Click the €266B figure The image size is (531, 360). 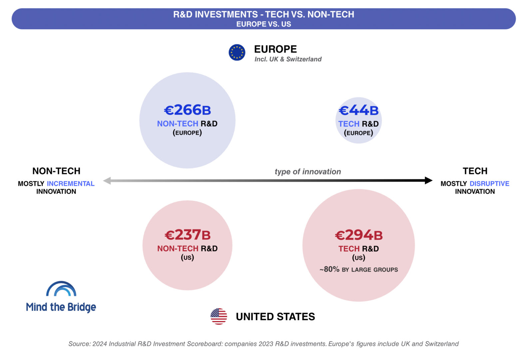(x=187, y=110)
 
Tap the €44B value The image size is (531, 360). (x=358, y=110)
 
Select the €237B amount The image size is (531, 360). (x=188, y=235)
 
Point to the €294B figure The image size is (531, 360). (x=359, y=235)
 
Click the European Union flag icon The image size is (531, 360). (x=237, y=52)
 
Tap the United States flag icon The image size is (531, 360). (x=219, y=316)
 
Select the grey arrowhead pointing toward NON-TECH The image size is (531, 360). (x=107, y=181)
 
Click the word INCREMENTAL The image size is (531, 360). (x=71, y=184)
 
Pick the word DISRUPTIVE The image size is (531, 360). (x=489, y=184)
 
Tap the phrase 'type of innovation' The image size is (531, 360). (x=308, y=171)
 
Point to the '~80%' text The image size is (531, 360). (x=329, y=269)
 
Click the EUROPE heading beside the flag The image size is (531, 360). (x=275, y=49)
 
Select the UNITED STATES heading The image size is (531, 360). (x=275, y=317)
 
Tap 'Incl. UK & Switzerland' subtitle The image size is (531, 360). (x=288, y=59)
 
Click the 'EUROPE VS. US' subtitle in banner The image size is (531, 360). (x=264, y=24)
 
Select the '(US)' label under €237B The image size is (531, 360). (x=188, y=257)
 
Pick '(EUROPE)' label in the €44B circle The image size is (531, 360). (x=358, y=133)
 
